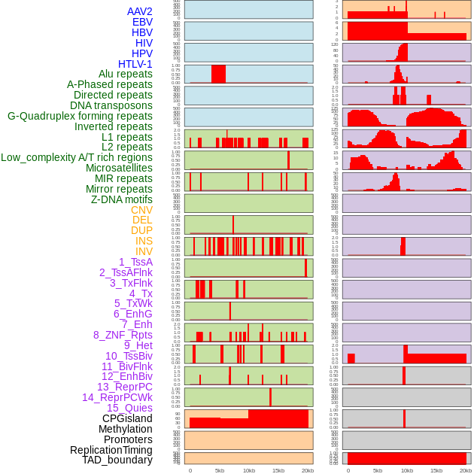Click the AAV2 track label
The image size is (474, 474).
pyautogui.click(x=140, y=11)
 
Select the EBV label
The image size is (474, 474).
pyautogui.click(x=142, y=22)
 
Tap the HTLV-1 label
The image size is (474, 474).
pyautogui.click(x=135, y=64)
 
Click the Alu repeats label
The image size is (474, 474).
pyautogui.click(x=125, y=74)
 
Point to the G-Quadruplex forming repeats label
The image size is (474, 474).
pyautogui.click(x=80, y=116)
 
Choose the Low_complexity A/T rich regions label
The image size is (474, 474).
pyautogui.click(x=77, y=157)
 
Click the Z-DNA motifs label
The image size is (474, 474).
pyautogui.click(x=121, y=199)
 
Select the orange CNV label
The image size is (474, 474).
pyautogui.click(x=141, y=209)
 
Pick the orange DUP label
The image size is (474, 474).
pyautogui.click(x=141, y=230)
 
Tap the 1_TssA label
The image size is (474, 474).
pyautogui.click(x=135, y=262)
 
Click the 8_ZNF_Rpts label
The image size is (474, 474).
pyautogui.click(x=123, y=335)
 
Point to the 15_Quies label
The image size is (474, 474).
pyautogui.click(x=129, y=408)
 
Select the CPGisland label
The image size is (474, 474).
pyautogui.click(x=127, y=418)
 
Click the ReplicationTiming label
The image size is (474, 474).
pyautogui.click(x=111, y=450)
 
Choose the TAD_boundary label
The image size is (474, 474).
pyautogui.click(x=117, y=460)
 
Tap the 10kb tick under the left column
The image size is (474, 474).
pyautogui.click(x=249, y=470)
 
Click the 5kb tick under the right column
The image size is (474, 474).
pyautogui.click(x=377, y=470)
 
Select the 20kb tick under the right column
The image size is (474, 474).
pyautogui.click(x=466, y=470)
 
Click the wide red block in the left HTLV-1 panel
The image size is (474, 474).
pyautogui.click(x=218, y=74)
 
